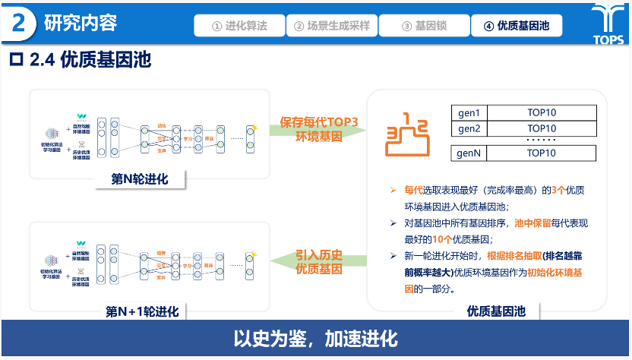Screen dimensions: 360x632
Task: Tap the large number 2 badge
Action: pyautogui.click(x=22, y=24)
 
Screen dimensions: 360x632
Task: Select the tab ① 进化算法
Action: pyautogui.click(x=240, y=26)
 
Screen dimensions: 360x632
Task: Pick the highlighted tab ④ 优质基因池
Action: pyautogui.click(x=516, y=26)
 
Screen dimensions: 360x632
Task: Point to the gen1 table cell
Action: pyautogui.click(x=469, y=112)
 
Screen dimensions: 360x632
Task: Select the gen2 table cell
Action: pyautogui.click(x=469, y=128)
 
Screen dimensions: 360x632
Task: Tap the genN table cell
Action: pyautogui.click(x=469, y=153)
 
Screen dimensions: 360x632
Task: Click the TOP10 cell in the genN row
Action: pyautogui.click(x=542, y=153)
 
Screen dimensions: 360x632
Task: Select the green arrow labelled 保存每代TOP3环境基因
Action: pyautogui.click(x=318, y=129)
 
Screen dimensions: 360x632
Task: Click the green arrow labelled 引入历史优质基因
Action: pyautogui.click(x=318, y=262)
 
